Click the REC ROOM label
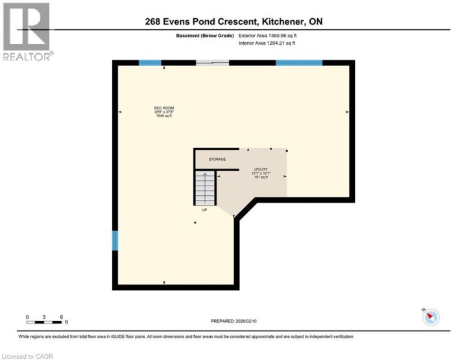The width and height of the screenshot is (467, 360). tap(163, 108)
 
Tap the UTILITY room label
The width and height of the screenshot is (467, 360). tap(260, 169)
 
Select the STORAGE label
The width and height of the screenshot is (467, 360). tap(217, 159)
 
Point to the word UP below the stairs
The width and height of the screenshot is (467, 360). tap(205, 210)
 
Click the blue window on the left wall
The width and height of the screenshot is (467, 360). tap(115, 241)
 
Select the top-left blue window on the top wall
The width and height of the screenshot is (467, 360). tap(150, 63)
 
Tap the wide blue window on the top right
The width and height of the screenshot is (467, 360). tap(299, 63)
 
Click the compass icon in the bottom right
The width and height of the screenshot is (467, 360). tap(431, 317)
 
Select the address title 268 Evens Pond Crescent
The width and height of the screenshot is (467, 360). tap(233, 22)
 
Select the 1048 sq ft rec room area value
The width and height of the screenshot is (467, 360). tap(163, 116)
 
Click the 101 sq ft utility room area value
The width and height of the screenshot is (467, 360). tap(260, 177)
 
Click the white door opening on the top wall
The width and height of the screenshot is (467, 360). tap(212, 63)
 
